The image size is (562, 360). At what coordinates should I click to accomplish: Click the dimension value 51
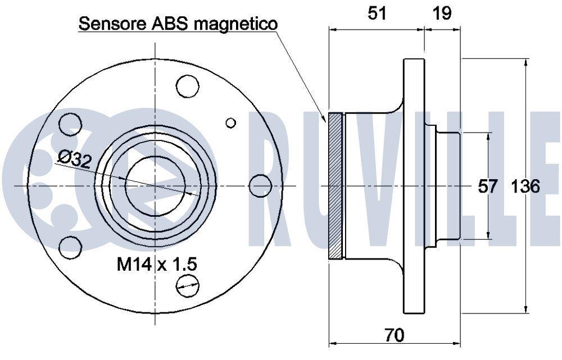378,13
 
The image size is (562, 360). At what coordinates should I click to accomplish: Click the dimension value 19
442,13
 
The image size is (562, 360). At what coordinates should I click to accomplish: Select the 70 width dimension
395,335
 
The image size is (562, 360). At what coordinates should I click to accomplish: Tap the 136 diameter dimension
525,186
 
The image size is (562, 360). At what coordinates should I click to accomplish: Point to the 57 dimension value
488,186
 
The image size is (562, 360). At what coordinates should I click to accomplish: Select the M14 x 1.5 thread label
157,265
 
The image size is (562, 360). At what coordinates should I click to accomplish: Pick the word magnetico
236,24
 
